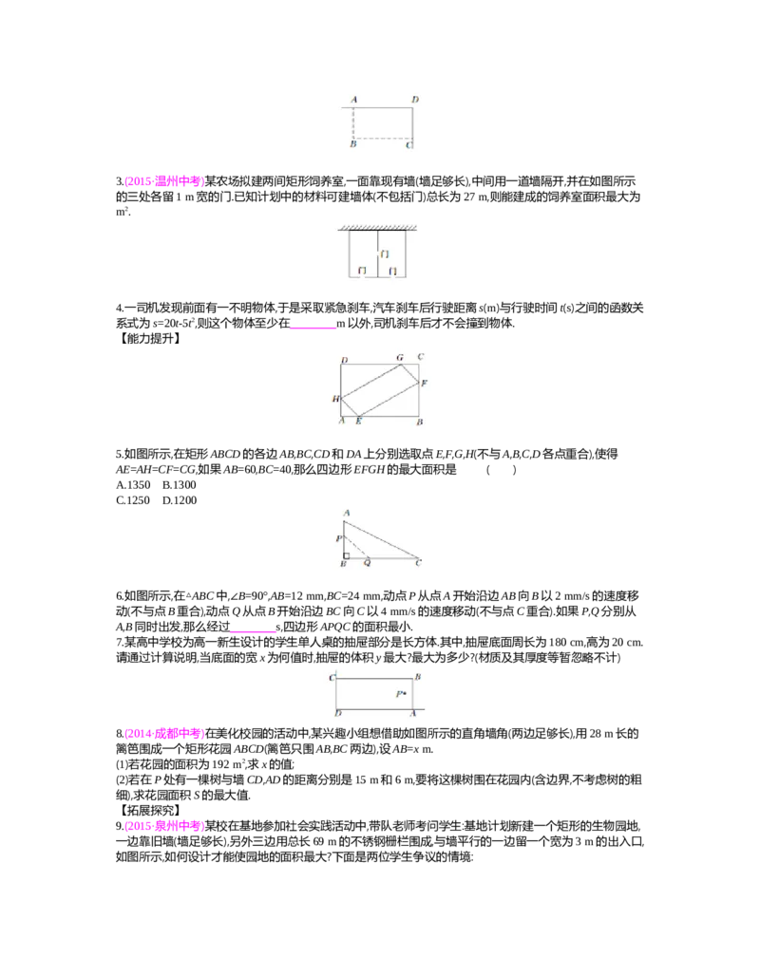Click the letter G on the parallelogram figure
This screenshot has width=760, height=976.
[x=400, y=358]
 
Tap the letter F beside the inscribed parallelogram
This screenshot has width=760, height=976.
[x=424, y=383]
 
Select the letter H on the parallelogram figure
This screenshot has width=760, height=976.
[x=335, y=399]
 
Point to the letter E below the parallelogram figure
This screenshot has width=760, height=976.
[x=358, y=421]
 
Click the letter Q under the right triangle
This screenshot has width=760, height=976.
[x=368, y=563]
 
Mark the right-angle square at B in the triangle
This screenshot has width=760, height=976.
[x=348, y=555]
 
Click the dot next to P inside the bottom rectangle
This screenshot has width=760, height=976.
[x=406, y=694]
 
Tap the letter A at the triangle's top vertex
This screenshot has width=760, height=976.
[x=346, y=513]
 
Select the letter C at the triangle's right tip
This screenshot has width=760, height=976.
[x=418, y=563]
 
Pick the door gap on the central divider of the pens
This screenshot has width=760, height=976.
[x=378, y=254]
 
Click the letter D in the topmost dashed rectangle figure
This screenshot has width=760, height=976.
[x=415, y=100]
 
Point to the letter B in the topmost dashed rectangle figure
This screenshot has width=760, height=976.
[x=353, y=143]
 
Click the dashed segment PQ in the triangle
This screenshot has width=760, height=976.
[x=355, y=548]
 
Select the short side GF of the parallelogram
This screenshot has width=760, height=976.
[x=410, y=372]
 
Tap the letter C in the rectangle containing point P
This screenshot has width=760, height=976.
[x=332, y=677]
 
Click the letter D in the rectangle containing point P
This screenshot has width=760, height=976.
[x=338, y=713]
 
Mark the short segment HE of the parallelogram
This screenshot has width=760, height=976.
[x=349, y=407]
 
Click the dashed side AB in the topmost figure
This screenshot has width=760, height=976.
[x=353, y=122]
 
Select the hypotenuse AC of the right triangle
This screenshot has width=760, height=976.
[x=380, y=539]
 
